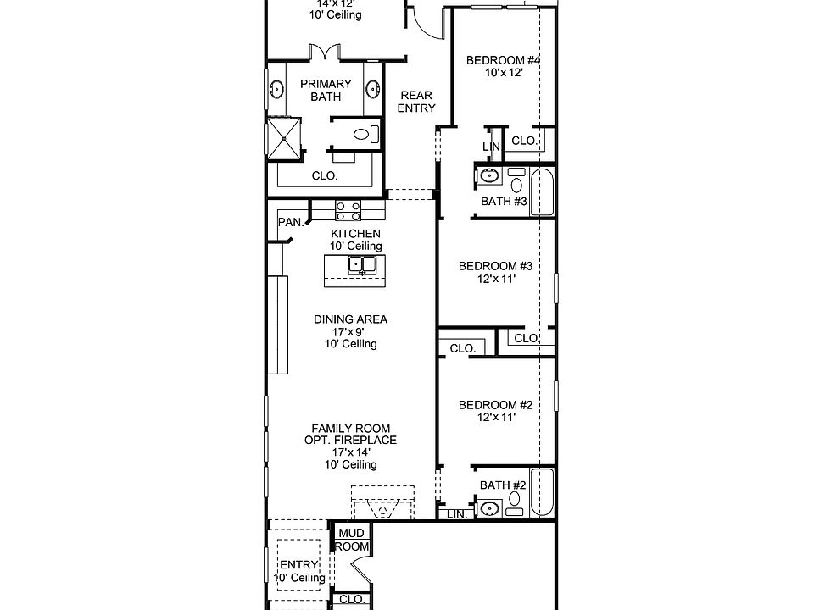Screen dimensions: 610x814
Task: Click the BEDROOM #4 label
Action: tap(504, 61)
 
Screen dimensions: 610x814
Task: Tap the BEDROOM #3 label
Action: tap(495, 266)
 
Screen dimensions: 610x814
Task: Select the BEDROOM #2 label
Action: tap(495, 405)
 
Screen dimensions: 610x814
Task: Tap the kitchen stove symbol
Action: tap(348, 210)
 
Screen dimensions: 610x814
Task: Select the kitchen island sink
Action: tap(362, 266)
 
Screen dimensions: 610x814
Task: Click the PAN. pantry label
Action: tap(291, 222)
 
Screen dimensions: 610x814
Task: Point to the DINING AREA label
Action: tap(350, 319)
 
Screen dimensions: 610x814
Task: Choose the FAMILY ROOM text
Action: tap(350, 429)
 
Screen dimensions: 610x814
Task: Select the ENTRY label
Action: tap(298, 565)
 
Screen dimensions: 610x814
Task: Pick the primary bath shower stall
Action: tap(284, 137)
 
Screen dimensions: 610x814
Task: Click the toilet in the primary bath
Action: tap(365, 134)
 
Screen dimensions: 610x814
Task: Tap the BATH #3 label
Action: tap(504, 202)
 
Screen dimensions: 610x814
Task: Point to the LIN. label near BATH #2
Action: tap(456, 514)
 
